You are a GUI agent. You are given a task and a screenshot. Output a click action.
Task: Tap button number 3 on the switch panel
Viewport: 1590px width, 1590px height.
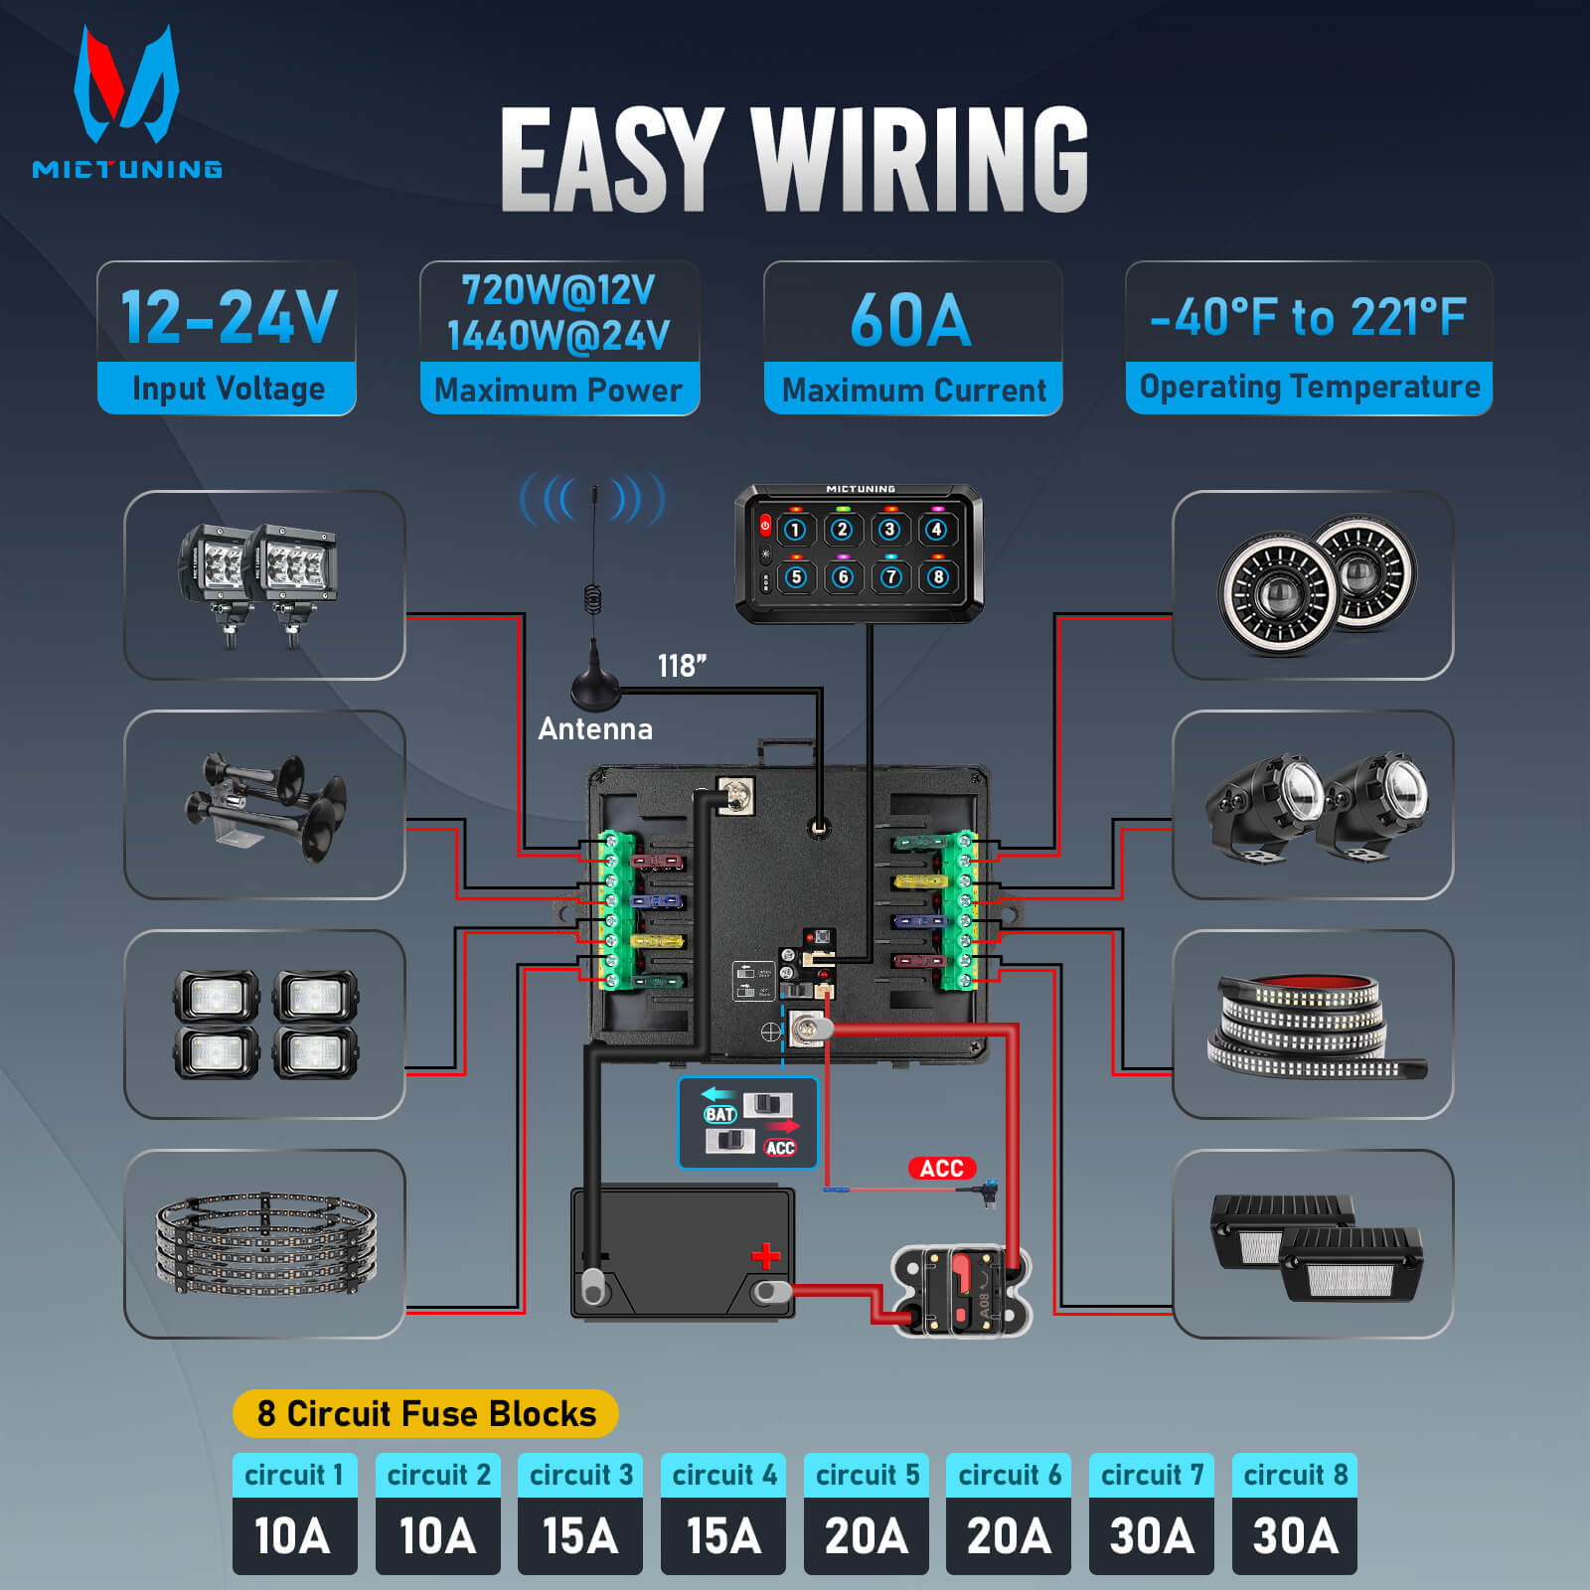889,530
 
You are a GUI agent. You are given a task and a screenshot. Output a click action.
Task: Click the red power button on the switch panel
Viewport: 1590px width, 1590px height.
765,525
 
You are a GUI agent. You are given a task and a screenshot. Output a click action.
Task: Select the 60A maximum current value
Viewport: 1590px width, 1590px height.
911,320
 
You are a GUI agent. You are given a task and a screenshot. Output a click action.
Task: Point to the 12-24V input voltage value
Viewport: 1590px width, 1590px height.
228,316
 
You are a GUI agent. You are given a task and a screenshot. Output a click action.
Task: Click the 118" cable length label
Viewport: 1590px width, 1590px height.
682,666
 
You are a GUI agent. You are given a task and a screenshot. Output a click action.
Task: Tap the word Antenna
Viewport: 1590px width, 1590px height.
595,729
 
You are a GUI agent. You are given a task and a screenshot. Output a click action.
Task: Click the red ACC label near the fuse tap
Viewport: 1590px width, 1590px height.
941,1168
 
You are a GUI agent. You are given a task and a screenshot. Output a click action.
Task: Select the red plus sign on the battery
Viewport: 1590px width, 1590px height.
765,1256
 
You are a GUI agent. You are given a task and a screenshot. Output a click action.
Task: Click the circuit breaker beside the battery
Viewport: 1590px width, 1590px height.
962,1290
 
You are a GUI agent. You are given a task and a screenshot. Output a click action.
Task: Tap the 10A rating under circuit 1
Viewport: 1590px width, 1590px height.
293,1536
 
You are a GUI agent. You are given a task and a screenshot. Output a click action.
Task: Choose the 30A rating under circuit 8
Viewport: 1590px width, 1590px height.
1295,1536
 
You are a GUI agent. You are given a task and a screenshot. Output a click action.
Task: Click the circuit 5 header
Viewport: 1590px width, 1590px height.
867,1475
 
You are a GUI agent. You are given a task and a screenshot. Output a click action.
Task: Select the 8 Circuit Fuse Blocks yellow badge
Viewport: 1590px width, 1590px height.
425,1413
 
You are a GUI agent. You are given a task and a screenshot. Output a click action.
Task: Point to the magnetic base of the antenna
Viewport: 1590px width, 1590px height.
595,688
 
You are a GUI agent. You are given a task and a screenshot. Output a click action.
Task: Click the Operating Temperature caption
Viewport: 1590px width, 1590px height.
1309,388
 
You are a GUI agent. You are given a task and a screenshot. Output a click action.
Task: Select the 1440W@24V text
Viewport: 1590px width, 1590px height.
558,336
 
